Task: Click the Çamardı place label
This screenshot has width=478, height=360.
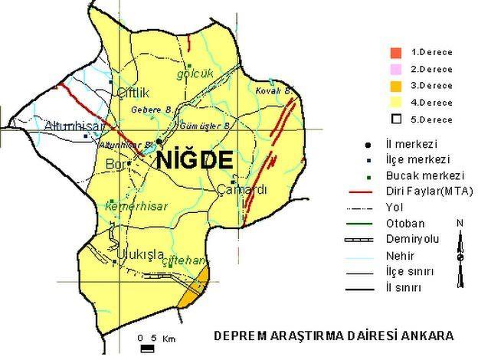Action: pos(241,190)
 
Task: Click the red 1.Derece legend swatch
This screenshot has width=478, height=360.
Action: pos(395,52)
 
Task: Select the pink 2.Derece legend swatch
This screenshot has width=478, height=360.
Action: pos(395,69)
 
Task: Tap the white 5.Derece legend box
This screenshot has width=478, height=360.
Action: pos(395,119)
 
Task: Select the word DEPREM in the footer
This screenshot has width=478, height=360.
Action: pos(234,335)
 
